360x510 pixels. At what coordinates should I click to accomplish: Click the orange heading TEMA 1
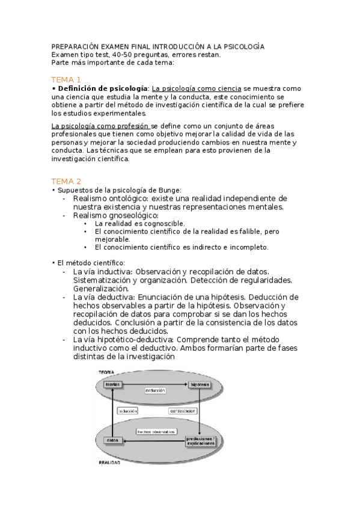click(x=66, y=79)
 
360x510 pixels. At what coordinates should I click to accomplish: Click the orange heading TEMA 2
click(x=66, y=181)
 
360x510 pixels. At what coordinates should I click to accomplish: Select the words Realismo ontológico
click(x=111, y=198)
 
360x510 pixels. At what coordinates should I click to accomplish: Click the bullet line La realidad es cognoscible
click(x=133, y=223)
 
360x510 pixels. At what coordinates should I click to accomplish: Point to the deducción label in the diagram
click(x=155, y=391)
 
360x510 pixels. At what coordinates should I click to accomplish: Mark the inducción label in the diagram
click(x=128, y=411)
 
